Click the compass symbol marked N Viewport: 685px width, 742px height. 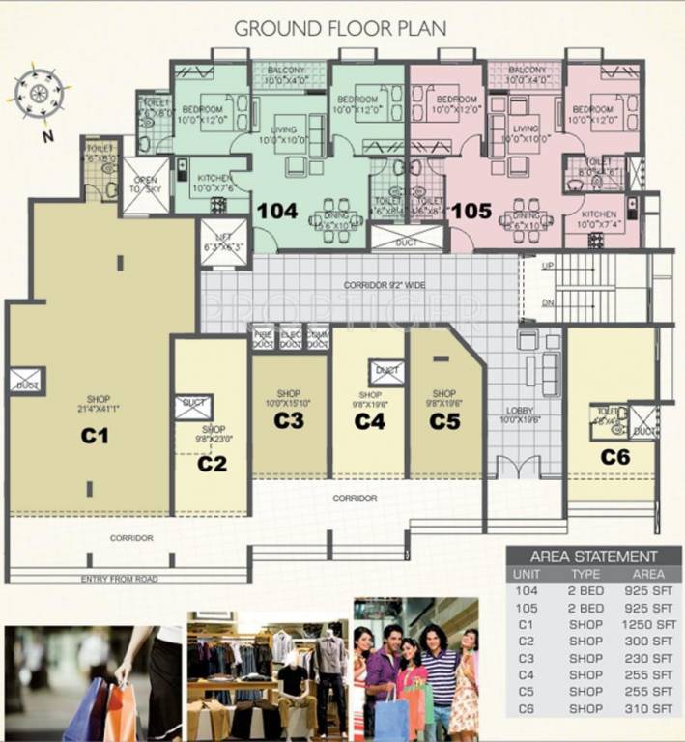40,95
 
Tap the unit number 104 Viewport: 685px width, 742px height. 278,209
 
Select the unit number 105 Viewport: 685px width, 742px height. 471,210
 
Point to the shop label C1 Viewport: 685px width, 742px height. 95,437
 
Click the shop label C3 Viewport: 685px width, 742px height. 289,420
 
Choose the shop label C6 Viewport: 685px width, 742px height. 614,456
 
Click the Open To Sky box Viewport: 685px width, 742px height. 146,185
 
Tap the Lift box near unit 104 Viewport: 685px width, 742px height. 222,238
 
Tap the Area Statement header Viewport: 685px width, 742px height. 593,556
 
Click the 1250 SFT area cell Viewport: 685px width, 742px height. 648,625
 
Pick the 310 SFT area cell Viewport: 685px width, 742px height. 648,707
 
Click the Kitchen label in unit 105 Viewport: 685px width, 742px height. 600,219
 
